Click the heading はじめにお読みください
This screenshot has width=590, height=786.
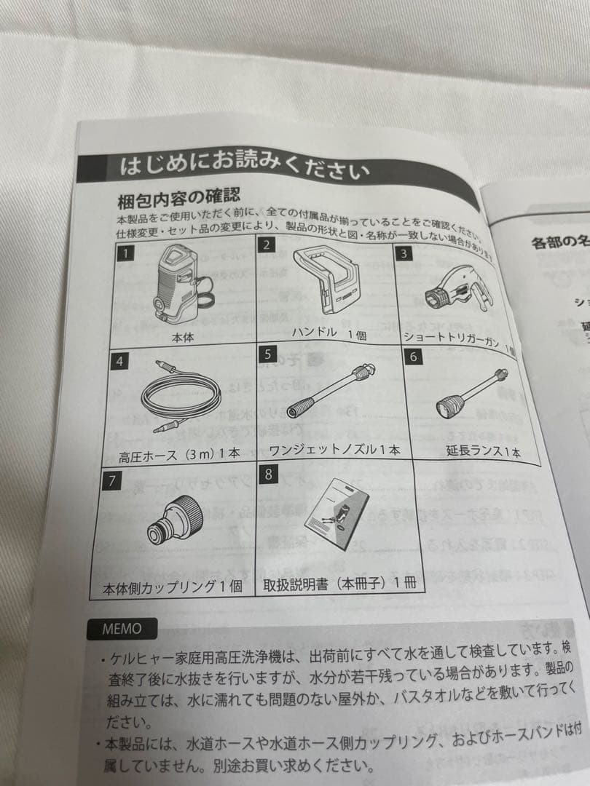pyautogui.click(x=244, y=168)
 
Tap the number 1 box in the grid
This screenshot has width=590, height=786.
pyautogui.click(x=126, y=253)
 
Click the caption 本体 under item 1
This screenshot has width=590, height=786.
pyautogui.click(x=183, y=337)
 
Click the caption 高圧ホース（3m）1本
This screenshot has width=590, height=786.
pyautogui.click(x=179, y=453)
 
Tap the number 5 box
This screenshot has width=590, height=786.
pyautogui.click(x=268, y=355)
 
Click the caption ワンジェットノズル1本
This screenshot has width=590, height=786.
pyautogui.click(x=334, y=450)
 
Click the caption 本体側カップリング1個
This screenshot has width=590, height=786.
pyautogui.click(x=170, y=587)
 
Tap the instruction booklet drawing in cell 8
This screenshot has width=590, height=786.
pyautogui.click(x=335, y=517)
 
